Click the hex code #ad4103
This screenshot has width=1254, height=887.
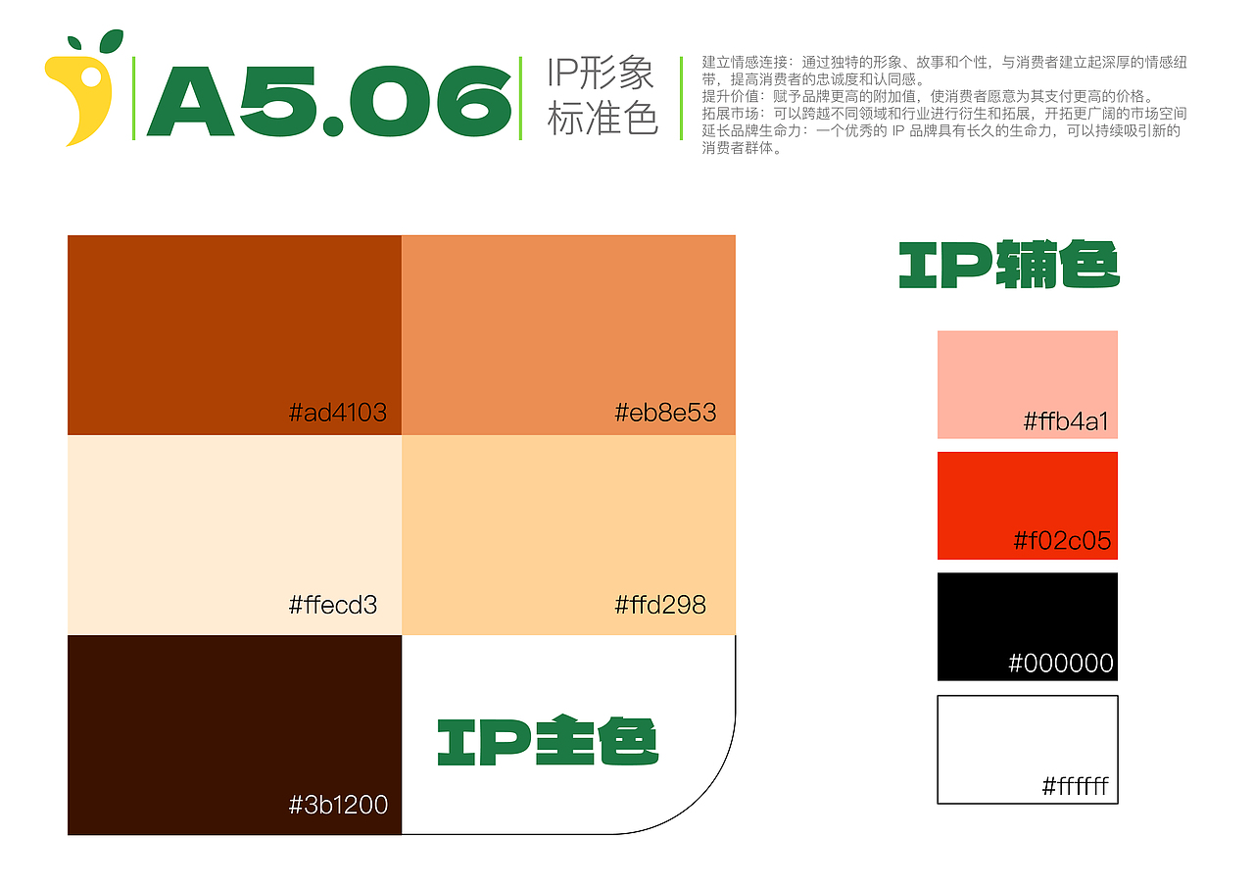click(338, 413)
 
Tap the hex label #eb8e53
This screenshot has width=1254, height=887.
click(665, 413)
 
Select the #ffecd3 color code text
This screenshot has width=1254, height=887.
click(333, 605)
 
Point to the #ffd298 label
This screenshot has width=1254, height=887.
click(660, 605)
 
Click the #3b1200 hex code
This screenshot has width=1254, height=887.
click(338, 805)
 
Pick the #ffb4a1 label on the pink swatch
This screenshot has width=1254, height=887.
click(1066, 421)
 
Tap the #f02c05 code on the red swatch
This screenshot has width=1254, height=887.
click(1062, 541)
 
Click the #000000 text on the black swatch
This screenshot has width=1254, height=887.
click(1061, 663)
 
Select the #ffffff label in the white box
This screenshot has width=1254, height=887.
click(1075, 786)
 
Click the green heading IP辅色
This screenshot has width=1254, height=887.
click(1009, 265)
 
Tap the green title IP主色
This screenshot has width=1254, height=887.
click(548, 740)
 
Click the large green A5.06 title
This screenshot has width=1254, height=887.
click(329, 101)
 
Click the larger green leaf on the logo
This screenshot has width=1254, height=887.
click(112, 41)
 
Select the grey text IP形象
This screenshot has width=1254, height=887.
click(601, 73)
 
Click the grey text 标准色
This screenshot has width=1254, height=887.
click(603, 119)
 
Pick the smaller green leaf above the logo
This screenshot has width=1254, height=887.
click(74, 43)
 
